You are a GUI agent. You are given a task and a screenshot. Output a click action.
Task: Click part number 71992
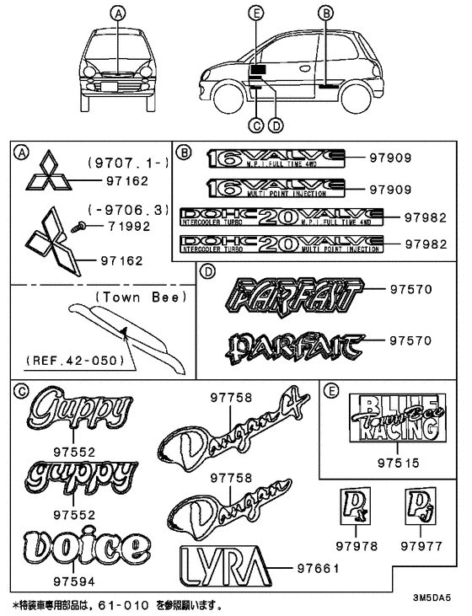126,228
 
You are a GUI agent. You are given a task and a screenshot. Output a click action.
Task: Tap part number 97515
396,463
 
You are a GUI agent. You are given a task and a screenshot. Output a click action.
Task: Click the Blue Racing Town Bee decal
396,417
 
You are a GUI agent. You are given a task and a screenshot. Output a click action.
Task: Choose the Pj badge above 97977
419,508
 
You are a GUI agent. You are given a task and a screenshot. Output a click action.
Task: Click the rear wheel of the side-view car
351,93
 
